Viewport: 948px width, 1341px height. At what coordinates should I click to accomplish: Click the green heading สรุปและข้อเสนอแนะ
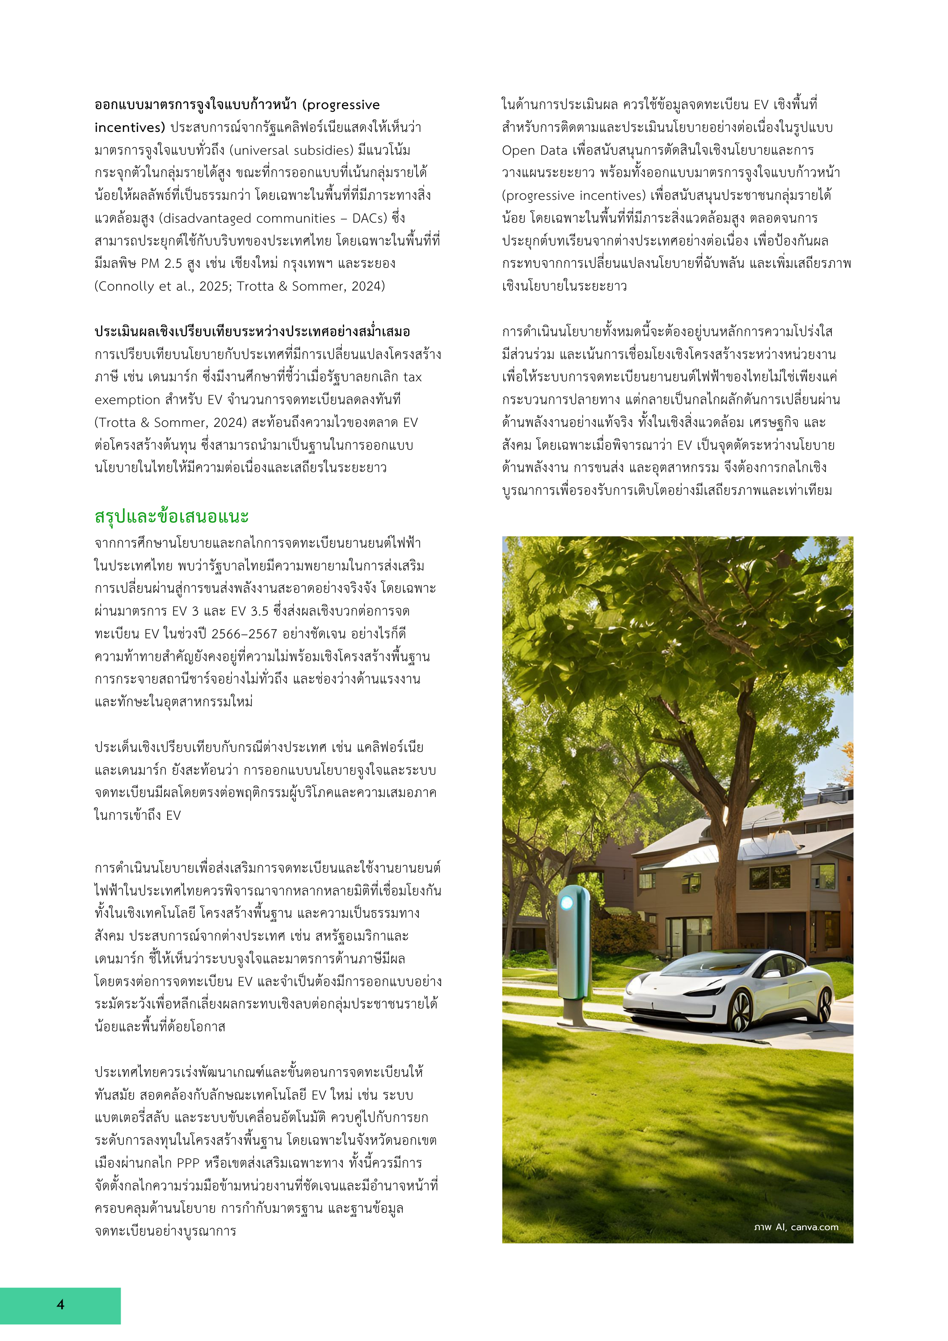click(171, 517)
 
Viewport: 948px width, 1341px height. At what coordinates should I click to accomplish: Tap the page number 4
click(60, 1304)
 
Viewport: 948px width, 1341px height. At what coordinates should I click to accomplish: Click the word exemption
click(127, 400)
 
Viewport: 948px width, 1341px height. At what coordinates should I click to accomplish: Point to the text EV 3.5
click(249, 611)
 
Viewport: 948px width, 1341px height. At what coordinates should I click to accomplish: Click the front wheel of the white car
click(740, 1009)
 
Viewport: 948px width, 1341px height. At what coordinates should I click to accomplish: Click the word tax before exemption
click(412, 377)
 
